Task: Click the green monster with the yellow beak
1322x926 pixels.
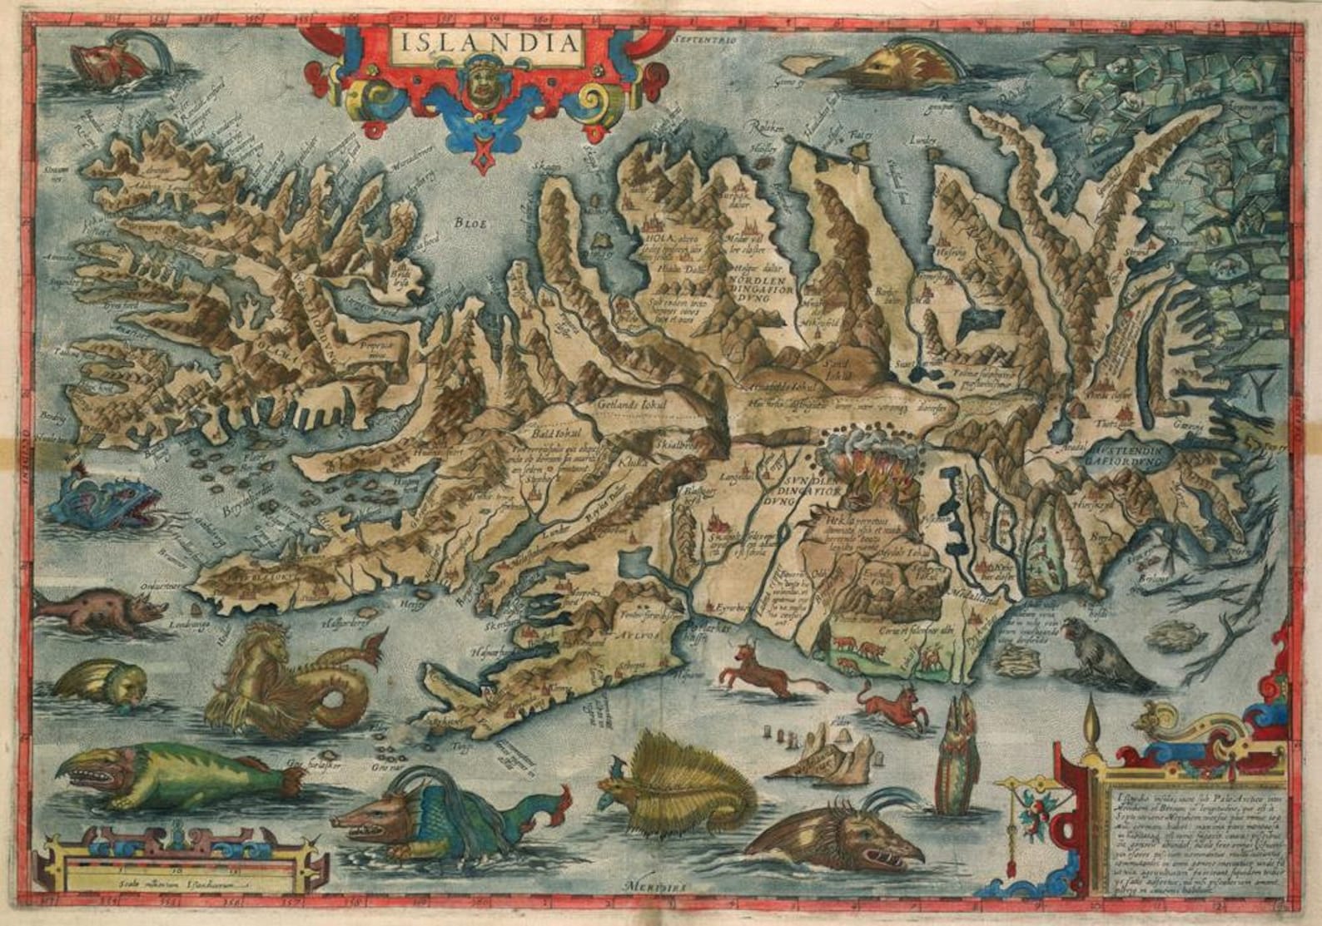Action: pos(179,774)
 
